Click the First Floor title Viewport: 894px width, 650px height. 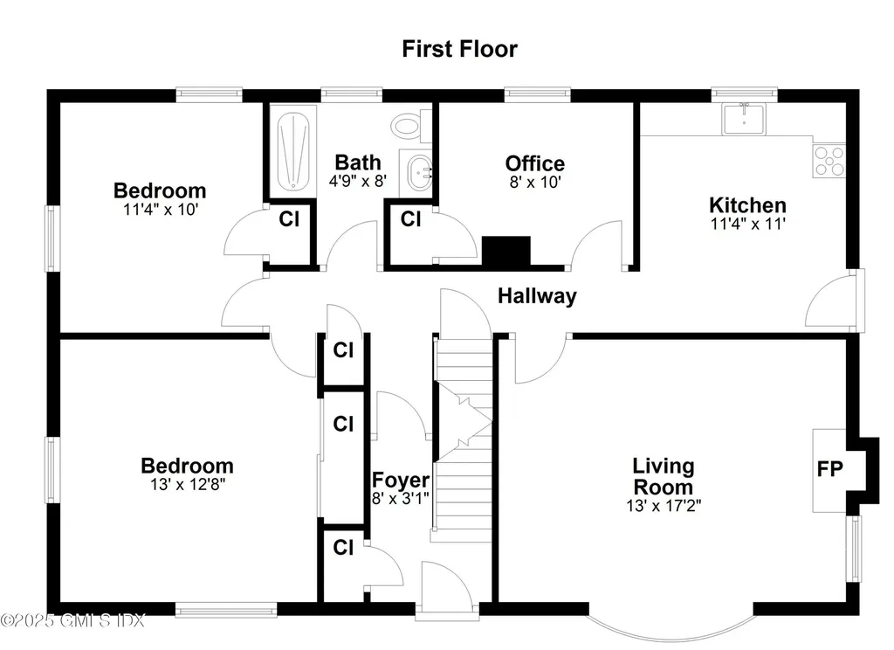click(459, 49)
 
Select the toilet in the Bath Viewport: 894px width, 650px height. click(409, 126)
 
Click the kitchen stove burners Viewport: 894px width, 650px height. click(829, 160)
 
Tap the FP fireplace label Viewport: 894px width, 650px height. click(829, 469)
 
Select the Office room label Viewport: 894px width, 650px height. click(534, 163)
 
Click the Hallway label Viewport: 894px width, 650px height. click(537, 296)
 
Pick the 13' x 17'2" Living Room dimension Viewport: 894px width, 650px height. click(664, 506)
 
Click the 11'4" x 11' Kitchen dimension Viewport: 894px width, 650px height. click(747, 224)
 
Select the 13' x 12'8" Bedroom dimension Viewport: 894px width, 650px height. click(187, 484)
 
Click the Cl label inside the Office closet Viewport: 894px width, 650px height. click(410, 219)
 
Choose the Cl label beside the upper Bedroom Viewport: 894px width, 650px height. click(289, 219)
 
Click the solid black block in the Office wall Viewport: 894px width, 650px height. click(506, 252)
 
